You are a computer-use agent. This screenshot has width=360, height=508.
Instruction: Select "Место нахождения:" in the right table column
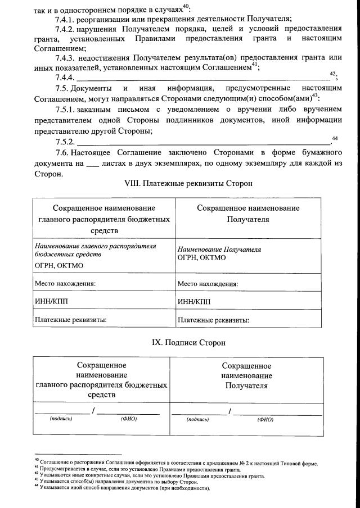(208, 284)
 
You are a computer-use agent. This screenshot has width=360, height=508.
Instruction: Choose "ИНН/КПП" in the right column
(194, 301)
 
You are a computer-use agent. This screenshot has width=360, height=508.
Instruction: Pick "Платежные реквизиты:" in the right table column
(213, 320)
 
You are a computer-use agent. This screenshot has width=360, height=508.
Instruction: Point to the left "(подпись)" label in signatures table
(60, 419)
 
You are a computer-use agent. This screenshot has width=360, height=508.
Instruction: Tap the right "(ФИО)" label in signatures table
(265, 419)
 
